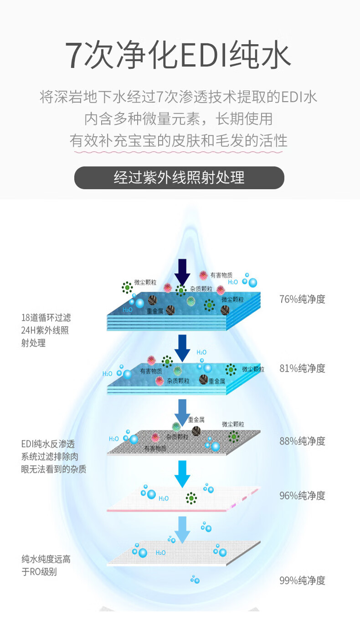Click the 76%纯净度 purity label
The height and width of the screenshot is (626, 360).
tap(302, 299)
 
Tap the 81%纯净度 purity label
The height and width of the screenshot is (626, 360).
tap(302, 368)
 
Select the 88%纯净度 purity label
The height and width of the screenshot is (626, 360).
tap(302, 441)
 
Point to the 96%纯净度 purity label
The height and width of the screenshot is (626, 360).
tap(302, 496)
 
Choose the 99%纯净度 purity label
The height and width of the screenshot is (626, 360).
tap(302, 580)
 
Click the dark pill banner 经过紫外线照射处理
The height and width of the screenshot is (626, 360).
tap(179, 177)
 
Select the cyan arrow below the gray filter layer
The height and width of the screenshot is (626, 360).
tap(182, 473)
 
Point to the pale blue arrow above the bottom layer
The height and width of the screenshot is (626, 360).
tap(182, 529)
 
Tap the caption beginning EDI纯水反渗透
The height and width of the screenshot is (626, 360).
tap(53, 456)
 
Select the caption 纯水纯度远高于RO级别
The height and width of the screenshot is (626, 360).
tap(46, 565)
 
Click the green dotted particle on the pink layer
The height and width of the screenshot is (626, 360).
tap(191, 497)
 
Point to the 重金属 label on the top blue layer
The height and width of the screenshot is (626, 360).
tap(155, 312)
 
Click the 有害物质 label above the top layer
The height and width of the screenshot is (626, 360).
tap(221, 275)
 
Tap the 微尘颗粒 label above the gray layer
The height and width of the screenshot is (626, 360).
tap(233, 424)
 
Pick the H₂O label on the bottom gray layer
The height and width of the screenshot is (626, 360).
tap(160, 553)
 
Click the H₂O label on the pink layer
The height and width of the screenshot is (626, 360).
tap(163, 499)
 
